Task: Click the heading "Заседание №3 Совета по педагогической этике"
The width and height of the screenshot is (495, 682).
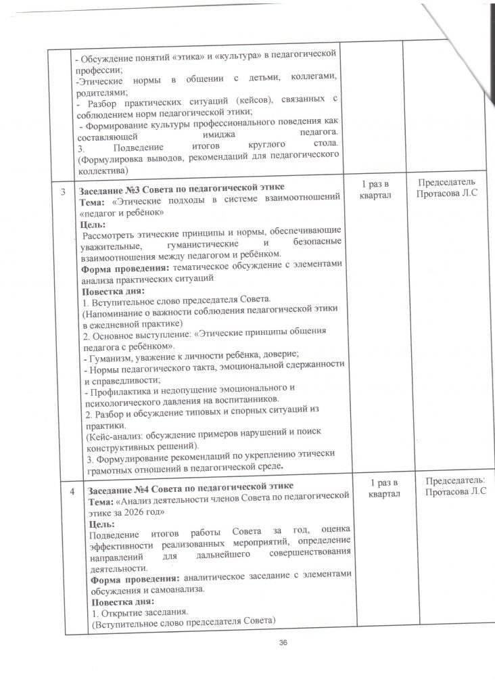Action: click(182, 186)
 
